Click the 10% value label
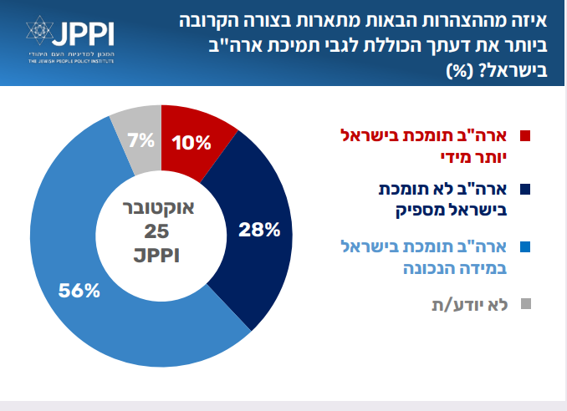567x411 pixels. [x=192, y=142]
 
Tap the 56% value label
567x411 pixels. [x=79, y=291]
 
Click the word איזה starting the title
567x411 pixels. [x=534, y=17]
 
